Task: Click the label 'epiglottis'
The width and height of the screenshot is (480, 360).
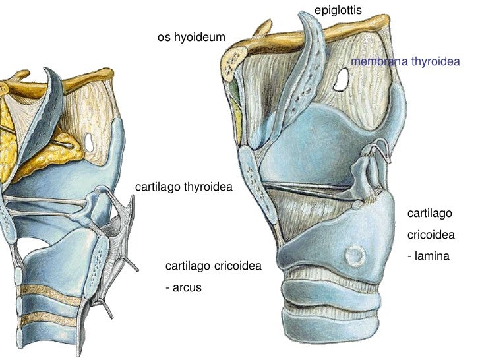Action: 338,10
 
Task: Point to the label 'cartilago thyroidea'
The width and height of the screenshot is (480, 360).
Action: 184,187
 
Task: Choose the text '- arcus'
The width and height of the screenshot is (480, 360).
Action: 183,287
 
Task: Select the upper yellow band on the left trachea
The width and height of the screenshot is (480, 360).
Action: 49,289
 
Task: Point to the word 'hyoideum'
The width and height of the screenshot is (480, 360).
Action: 202,38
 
